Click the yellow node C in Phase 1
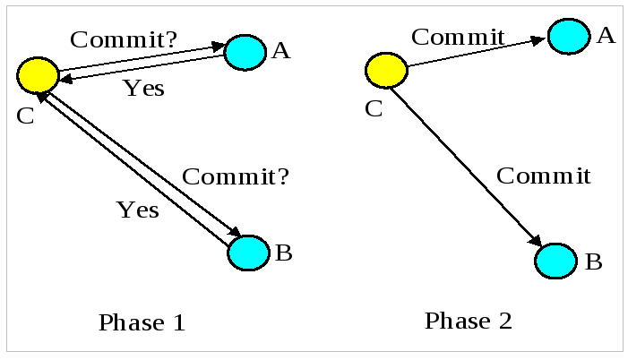[x=38, y=74]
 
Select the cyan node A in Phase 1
[x=245, y=52]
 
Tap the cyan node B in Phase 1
[x=248, y=253]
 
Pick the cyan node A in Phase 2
[x=569, y=37]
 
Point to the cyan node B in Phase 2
[x=555, y=261]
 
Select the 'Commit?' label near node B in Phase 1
[x=236, y=176]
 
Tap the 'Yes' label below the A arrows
[x=143, y=89]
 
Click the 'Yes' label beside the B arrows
[x=137, y=210]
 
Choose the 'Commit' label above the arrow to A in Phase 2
[x=458, y=38]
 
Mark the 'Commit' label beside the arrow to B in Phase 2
[x=543, y=176]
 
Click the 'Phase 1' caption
[x=142, y=322]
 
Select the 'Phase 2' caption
[x=469, y=321]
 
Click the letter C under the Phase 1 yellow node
[x=25, y=116]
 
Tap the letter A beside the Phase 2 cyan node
[x=606, y=36]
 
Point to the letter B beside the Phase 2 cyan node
[x=593, y=262]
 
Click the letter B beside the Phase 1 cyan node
[x=283, y=253]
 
